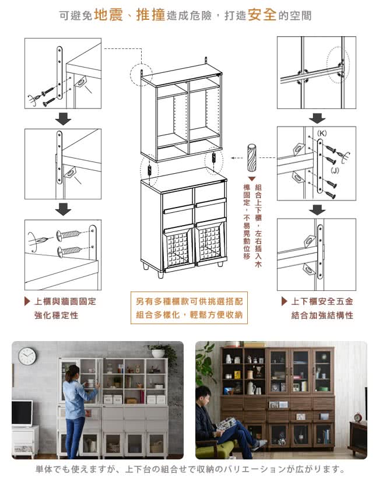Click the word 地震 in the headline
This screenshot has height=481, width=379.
108,15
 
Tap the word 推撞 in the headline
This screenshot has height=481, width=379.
150,15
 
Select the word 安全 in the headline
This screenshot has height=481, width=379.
262,15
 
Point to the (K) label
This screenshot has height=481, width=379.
322,134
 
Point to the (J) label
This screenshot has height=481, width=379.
335,170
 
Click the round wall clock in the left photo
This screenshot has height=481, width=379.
27,356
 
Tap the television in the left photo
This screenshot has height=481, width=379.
22,413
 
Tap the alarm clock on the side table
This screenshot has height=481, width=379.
358,417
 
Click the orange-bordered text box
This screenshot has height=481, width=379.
188,308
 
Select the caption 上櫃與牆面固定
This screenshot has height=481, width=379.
64,301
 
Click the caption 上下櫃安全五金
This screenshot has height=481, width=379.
322,301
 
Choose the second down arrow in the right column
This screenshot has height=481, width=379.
317,209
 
